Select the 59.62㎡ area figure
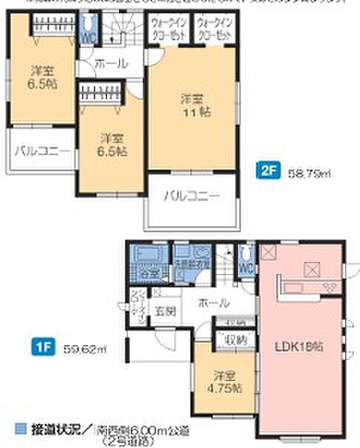point(73,346)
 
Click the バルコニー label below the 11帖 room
point(191,196)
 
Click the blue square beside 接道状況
point(20,429)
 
